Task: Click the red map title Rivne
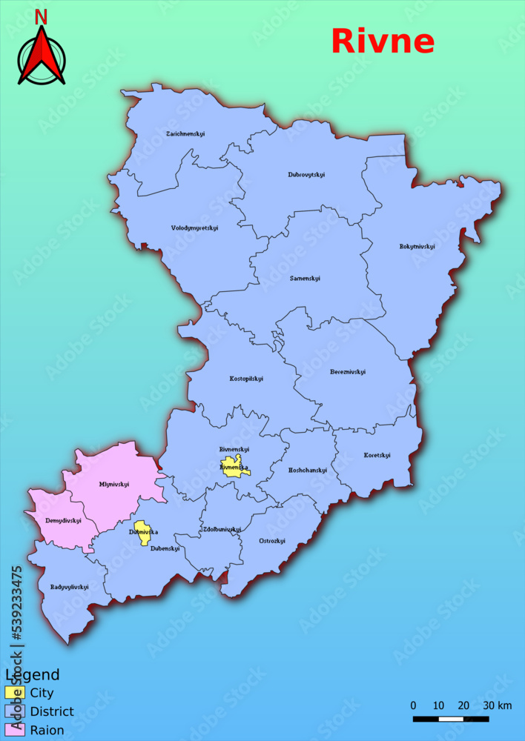382,41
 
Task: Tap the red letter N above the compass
41,17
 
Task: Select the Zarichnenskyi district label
185,134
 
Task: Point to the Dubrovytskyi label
306,175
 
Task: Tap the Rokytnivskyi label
417,246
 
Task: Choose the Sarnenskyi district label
305,278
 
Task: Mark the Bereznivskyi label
348,372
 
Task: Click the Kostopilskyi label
246,379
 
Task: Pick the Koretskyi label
377,456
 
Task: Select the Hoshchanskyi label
307,471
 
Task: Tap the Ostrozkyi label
272,541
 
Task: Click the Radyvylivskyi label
70,587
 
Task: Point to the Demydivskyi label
63,521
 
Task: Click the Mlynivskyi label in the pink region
114,485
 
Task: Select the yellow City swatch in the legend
15,693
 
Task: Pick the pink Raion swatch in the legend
15,730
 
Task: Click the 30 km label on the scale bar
498,705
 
